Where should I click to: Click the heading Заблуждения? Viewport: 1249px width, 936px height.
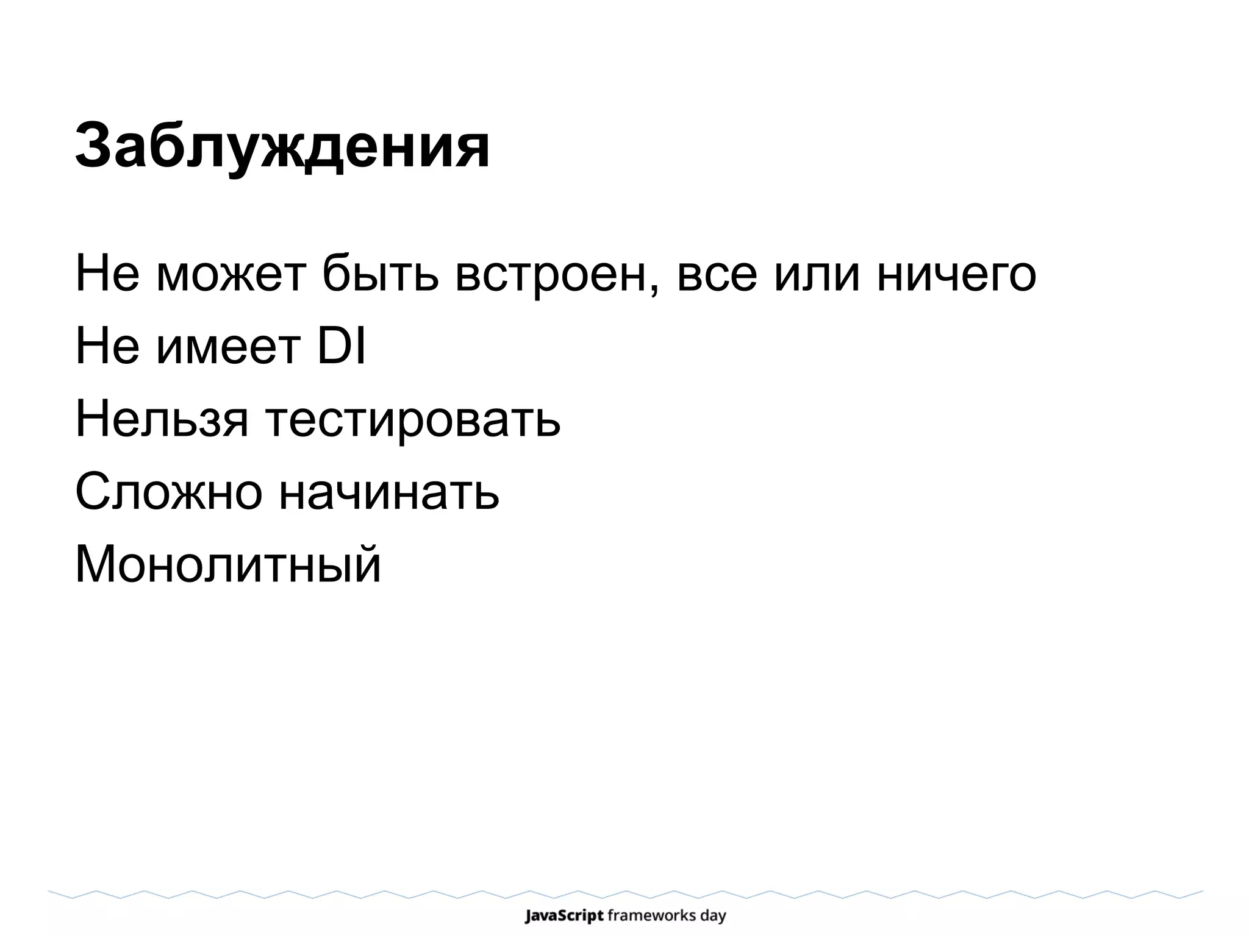pyautogui.click(x=282, y=146)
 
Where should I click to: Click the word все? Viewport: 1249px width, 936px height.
pyautogui.click(x=717, y=275)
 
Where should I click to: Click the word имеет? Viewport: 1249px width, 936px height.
pyautogui.click(x=229, y=347)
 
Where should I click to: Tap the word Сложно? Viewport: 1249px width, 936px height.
pyautogui.click(x=168, y=492)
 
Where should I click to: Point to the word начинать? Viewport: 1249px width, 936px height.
pyautogui.click(x=389, y=492)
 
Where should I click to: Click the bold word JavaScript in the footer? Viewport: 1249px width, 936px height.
pyautogui.click(x=564, y=915)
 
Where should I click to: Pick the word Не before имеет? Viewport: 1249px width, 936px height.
pyautogui.click(x=107, y=347)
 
